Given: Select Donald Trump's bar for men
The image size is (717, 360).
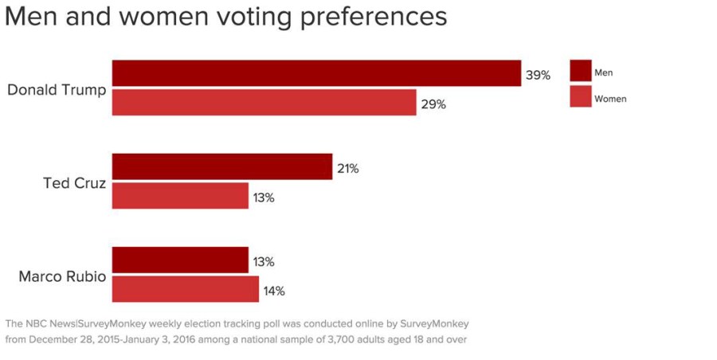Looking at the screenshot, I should [x=316, y=73].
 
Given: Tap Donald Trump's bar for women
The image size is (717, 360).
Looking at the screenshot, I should [x=264, y=103].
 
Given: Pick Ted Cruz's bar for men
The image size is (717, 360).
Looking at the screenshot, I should [x=221, y=166].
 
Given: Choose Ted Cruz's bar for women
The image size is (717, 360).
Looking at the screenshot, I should [x=180, y=196].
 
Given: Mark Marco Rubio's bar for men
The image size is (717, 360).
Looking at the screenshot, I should [x=180, y=260].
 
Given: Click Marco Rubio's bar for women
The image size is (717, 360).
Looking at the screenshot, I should [x=185, y=289].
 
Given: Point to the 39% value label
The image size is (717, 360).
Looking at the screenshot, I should [x=538, y=76].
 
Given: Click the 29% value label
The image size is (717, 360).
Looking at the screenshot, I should [x=433, y=104].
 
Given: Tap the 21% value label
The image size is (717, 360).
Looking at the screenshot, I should [x=347, y=169].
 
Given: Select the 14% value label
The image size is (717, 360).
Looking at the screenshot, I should [x=274, y=292].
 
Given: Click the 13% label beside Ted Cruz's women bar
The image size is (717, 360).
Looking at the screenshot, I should [x=264, y=198].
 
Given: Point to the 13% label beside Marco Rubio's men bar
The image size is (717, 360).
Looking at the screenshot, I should [x=264, y=262].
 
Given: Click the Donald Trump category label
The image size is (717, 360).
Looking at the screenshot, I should [x=57, y=89].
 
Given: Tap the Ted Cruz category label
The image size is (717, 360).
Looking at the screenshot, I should [x=74, y=183].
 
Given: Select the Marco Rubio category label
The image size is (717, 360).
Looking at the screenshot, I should [x=62, y=277].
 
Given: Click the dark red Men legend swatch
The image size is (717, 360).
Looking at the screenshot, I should [x=581, y=71].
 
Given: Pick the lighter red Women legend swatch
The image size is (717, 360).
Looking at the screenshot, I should [x=581, y=97].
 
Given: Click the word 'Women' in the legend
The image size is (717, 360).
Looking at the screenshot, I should [x=610, y=99].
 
